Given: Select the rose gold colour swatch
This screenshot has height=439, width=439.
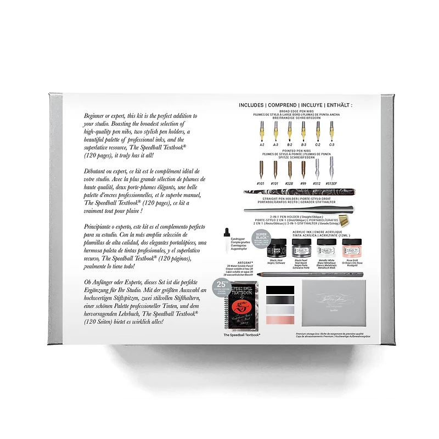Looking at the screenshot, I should pos(280,319).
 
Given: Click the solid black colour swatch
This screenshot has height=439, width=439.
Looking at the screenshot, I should pos(280,290).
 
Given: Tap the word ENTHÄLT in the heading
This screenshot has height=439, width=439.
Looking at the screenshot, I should pos(335,105).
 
